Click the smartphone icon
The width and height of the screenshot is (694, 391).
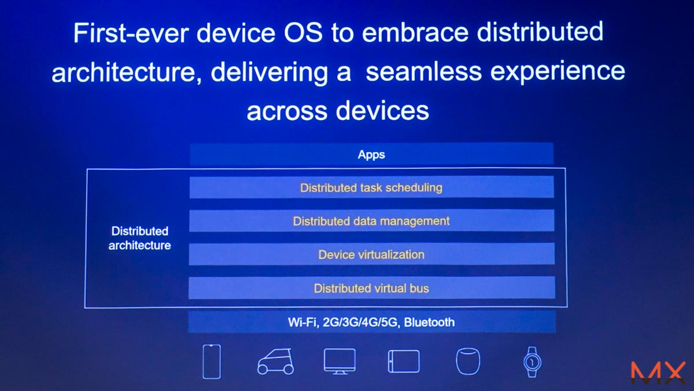pyautogui.click(x=212, y=362)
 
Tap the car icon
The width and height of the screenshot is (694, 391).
pyautogui.click(x=275, y=362)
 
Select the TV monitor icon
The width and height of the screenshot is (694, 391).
pyautogui.click(x=339, y=362)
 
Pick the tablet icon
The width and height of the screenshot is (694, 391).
pyautogui.click(x=404, y=362)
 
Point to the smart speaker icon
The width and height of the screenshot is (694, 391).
pyautogui.click(x=468, y=362)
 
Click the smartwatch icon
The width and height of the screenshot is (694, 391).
pyautogui.click(x=532, y=362)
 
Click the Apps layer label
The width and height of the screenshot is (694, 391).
pyautogui.click(x=371, y=154)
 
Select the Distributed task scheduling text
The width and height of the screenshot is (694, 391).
pyautogui.click(x=371, y=188)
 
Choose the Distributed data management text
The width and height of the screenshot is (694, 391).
pyautogui.click(x=371, y=221)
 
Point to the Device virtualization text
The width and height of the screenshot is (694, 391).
pyautogui.click(x=371, y=254)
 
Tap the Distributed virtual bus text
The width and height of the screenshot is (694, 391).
pyautogui.click(x=371, y=289)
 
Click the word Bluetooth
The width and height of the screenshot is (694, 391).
pyautogui.click(x=429, y=322)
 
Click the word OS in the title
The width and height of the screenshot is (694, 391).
pyautogui.click(x=303, y=32)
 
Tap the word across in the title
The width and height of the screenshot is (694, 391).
pyautogui.click(x=287, y=112)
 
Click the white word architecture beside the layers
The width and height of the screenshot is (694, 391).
pyautogui.click(x=140, y=246)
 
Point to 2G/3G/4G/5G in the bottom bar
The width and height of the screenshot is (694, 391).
pyautogui.click(x=360, y=323)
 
